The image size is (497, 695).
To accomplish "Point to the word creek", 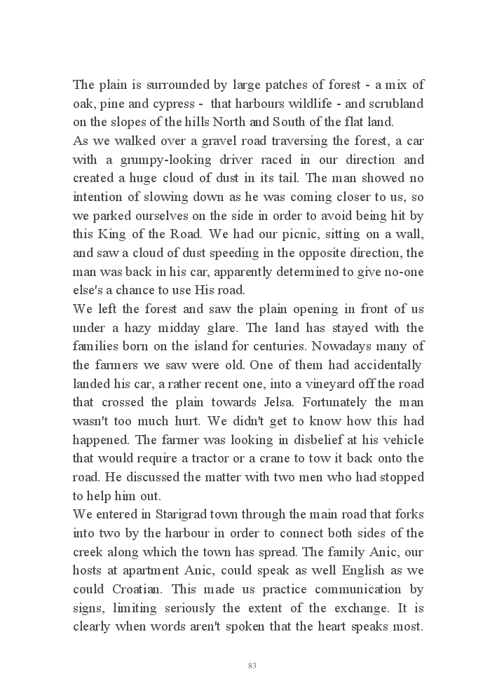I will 88,551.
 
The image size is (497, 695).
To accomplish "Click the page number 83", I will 252,666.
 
